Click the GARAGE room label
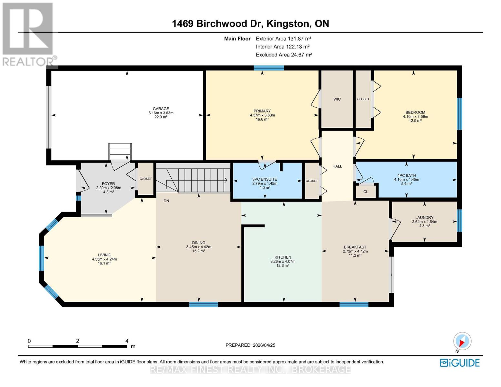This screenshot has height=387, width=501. click(161, 109)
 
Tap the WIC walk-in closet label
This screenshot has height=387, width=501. click(337, 99)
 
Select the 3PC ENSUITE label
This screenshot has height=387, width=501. click(265, 179)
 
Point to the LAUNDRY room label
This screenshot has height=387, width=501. click(425, 218)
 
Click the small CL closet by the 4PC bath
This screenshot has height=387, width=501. click(366, 192)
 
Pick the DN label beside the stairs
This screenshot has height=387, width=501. click(166, 201)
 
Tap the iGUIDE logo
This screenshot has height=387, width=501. click(460, 363)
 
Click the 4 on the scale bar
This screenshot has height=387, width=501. click(127, 341)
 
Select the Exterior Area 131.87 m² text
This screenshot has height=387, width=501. click(283, 39)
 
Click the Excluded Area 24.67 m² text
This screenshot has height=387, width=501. click(284, 55)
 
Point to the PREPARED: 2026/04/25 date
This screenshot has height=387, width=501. click(250, 345)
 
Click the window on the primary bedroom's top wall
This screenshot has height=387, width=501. click(268, 68)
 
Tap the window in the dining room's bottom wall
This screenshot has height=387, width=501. click(203, 304)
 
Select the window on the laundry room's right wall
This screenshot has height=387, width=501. click(459, 221)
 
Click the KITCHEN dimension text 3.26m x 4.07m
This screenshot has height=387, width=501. click(283, 262)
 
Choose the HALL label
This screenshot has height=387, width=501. click(337, 166)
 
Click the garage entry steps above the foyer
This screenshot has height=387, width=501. click(120, 151)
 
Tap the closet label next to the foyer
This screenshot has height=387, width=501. click(145, 179)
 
